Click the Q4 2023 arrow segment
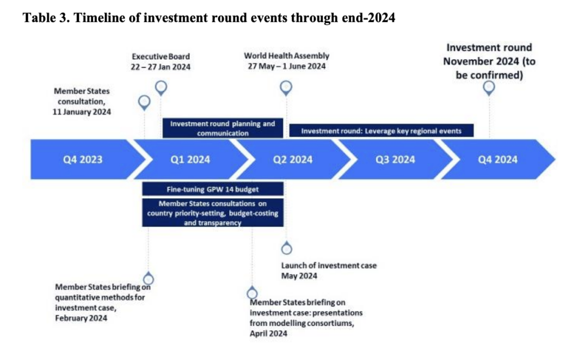pyautogui.click(x=83, y=159)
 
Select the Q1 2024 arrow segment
pyautogui.click(x=190, y=159)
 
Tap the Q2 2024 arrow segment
pyautogui.click(x=293, y=159)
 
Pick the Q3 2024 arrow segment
pyautogui.click(x=395, y=159)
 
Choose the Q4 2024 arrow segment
pyautogui.click(x=498, y=159)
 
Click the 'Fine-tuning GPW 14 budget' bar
pyautogui.click(x=212, y=189)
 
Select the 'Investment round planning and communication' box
pyautogui.click(x=223, y=128)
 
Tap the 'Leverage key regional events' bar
pyautogui.click(x=381, y=131)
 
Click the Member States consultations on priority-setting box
pyautogui.click(x=212, y=213)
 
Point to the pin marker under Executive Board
pyautogui.click(x=161, y=88)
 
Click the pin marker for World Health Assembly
pyautogui.click(x=286, y=88)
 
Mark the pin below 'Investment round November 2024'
pyautogui.click(x=489, y=88)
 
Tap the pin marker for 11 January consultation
pyautogui.click(x=144, y=103)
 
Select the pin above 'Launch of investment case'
pyautogui.click(x=287, y=248)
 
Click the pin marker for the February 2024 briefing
pyautogui.click(x=148, y=278)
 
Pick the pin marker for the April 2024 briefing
pyautogui.click(x=252, y=292)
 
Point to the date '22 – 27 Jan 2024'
pyautogui.click(x=161, y=67)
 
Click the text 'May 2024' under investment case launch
pyautogui.click(x=299, y=276)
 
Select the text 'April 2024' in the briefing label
pyautogui.click(x=268, y=334)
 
